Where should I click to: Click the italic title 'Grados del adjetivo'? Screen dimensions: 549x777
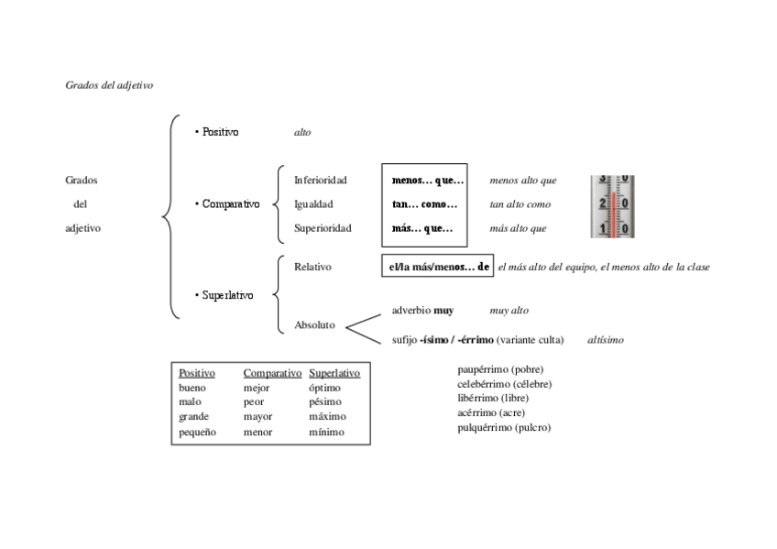[109, 84]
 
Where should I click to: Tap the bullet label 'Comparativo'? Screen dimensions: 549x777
[230, 204]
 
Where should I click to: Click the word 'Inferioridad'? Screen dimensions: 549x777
[320, 181]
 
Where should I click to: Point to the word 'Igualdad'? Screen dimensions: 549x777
[313, 204]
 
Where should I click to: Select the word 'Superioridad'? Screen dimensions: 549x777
[323, 228]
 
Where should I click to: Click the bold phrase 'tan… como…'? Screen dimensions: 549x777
[424, 204]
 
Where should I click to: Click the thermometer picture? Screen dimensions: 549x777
[611, 206]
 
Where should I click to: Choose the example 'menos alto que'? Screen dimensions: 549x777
[522, 181]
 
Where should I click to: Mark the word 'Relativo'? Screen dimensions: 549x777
[312, 267]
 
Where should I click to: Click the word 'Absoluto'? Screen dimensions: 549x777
[314, 324]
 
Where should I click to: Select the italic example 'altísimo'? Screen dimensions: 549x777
[606, 340]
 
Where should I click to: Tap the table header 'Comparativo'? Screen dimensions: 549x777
[272, 373]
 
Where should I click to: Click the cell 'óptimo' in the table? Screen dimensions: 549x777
[324, 388]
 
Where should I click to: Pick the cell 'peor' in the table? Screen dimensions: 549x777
[253, 402]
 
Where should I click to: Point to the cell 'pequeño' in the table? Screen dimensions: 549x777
[197, 432]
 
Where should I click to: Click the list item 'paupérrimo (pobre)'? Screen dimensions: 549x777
[500, 369]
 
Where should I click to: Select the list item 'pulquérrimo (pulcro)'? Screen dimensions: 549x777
[504, 428]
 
